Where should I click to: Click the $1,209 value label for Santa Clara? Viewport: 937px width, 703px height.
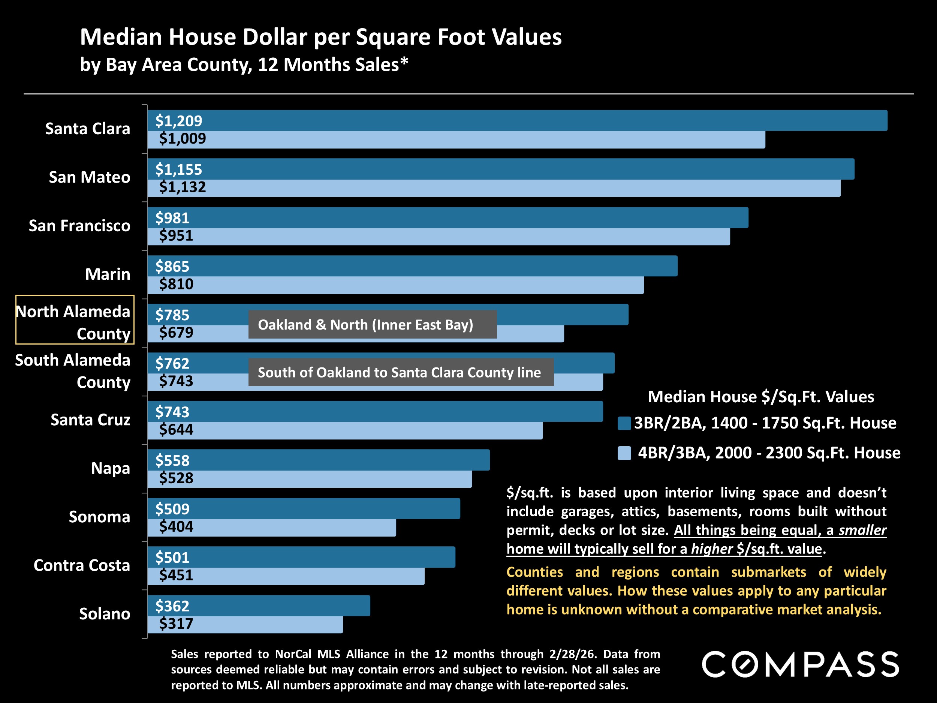click(178, 121)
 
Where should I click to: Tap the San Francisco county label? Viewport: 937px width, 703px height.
click(79, 226)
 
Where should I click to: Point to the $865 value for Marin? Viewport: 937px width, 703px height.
click(172, 267)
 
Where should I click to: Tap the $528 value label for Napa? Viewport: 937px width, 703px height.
click(176, 478)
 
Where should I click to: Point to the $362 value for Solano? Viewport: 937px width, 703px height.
click(172, 606)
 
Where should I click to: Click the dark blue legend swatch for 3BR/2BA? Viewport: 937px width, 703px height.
click(624, 423)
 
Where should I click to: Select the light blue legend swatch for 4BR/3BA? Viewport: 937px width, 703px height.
click(624, 453)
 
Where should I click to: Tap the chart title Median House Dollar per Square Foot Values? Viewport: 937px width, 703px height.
click(321, 37)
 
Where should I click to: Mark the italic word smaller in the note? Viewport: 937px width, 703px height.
click(862, 530)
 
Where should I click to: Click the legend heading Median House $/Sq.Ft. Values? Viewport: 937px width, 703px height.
click(761, 397)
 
